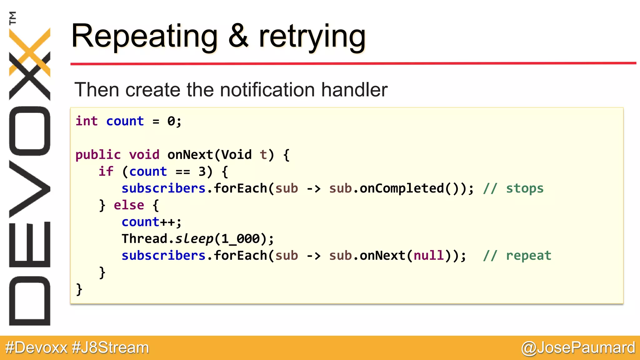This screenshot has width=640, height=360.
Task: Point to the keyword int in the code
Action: [x=87, y=121]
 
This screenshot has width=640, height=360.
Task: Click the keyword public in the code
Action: [x=98, y=155]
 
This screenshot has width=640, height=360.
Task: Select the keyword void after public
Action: [x=144, y=155]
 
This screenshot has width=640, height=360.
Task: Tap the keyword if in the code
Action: [x=106, y=172]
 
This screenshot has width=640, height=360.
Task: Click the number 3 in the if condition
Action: [x=202, y=172]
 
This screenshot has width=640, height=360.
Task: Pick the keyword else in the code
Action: [x=129, y=205]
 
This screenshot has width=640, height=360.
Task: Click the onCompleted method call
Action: [x=402, y=188]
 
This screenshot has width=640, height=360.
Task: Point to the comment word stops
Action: [x=525, y=188]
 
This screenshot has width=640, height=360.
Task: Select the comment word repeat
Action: [x=528, y=256]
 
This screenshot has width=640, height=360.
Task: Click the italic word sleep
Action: [x=194, y=239]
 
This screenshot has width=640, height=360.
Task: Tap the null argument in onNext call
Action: [x=428, y=256]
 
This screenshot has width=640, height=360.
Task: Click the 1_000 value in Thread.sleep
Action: [x=240, y=239]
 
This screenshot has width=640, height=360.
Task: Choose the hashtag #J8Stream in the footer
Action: [x=110, y=348]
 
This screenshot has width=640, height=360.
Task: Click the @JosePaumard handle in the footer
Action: [x=578, y=348]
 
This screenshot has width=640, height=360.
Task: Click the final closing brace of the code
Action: [x=79, y=289]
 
